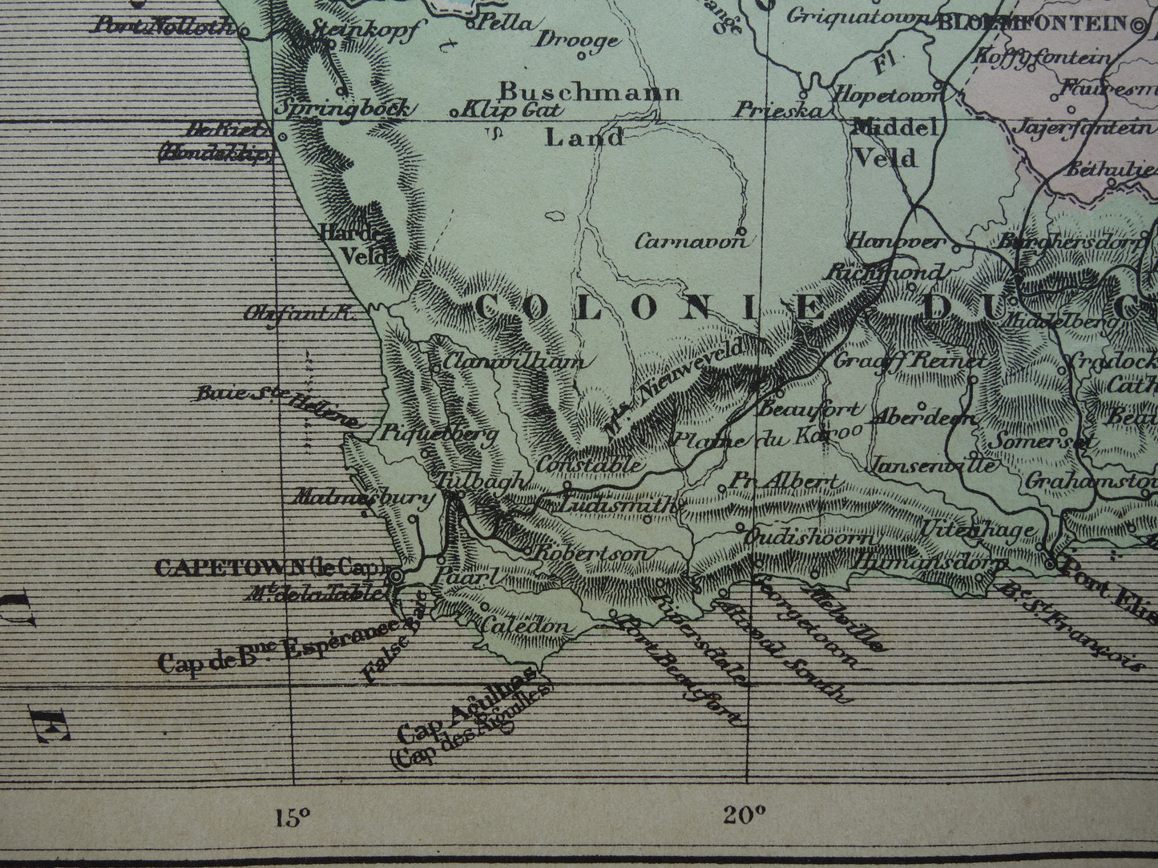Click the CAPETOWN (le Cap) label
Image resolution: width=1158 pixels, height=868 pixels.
(x=269, y=568)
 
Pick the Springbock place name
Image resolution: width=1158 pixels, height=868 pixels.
(x=344, y=108)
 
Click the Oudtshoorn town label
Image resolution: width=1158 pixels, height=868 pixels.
(x=809, y=537)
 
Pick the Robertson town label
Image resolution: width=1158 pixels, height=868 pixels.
(x=591, y=554)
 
